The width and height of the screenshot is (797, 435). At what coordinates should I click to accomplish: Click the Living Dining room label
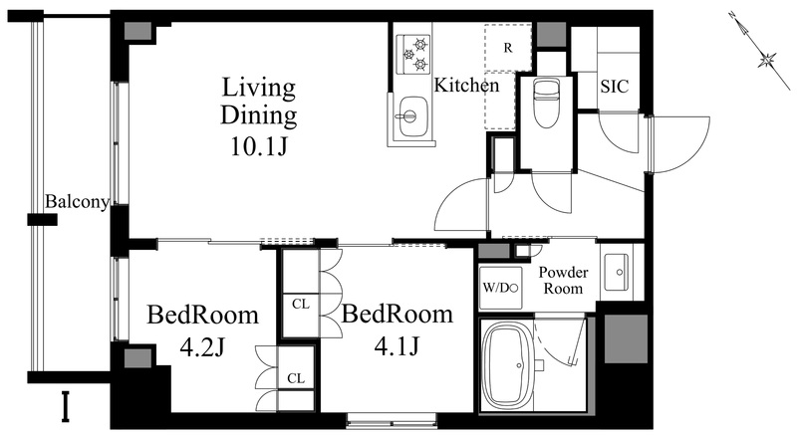[x=259, y=101]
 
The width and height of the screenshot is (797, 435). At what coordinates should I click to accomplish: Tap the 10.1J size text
[x=259, y=146]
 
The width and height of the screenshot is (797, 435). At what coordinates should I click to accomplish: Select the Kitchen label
[x=466, y=85]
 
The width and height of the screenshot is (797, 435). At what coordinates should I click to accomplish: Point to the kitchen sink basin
[x=412, y=117]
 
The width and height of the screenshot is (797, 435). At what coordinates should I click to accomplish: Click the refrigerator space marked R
[x=508, y=47]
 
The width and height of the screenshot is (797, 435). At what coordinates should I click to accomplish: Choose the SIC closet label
[x=614, y=87]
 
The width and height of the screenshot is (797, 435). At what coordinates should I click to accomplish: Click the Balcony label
[x=78, y=202]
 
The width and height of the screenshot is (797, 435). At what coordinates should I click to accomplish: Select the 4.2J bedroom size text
[x=202, y=347]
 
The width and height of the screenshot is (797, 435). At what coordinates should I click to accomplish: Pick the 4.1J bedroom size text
[x=397, y=346]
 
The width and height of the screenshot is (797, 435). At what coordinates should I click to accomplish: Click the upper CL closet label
[x=301, y=304]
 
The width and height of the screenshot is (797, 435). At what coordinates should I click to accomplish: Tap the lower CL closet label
[x=296, y=378]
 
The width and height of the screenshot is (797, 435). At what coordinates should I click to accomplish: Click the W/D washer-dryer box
[x=501, y=288]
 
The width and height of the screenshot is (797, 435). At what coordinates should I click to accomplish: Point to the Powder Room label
[x=563, y=280]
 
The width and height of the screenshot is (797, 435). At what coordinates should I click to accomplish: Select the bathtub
[x=509, y=365]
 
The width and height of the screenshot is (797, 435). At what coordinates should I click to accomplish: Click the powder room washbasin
[x=616, y=272]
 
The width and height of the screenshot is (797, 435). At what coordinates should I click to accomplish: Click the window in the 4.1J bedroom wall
[x=392, y=420]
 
